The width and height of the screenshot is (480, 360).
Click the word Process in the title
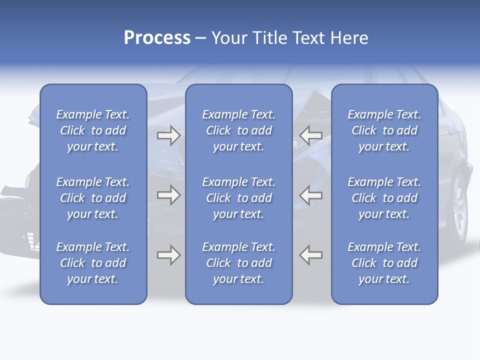click(x=157, y=38)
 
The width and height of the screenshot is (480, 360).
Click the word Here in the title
click(x=349, y=38)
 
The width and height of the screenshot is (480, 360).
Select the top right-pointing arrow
click(x=168, y=135)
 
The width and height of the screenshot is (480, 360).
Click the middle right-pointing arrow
click(x=168, y=194)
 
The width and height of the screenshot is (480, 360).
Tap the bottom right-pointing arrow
click(x=168, y=255)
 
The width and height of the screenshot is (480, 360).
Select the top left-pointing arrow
click(x=311, y=135)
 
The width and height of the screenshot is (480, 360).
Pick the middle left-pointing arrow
click(x=311, y=194)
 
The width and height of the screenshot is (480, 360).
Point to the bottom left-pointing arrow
click(x=311, y=255)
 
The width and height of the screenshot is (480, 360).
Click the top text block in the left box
click(x=93, y=130)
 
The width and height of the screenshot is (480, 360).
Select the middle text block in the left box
click(x=93, y=198)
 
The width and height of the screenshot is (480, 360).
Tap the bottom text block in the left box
click(x=93, y=263)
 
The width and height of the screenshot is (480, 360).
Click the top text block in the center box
click(x=239, y=130)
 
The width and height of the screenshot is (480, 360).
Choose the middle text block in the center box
click(x=239, y=198)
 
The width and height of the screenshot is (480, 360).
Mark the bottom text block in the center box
click(x=239, y=263)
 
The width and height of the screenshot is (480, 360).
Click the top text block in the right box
click(x=384, y=130)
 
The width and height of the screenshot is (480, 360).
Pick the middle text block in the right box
click(x=384, y=198)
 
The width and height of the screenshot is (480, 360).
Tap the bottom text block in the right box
click(x=384, y=263)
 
